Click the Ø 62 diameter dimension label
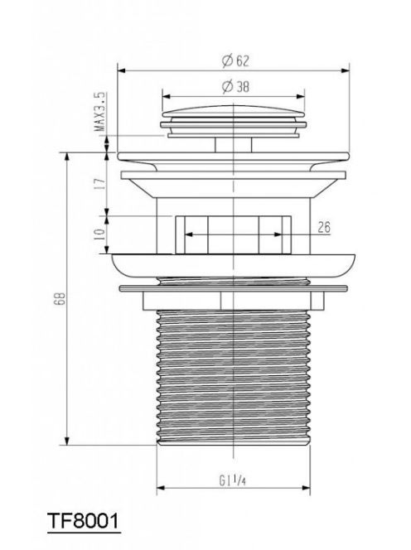pos(235,60)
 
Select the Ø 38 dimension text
pos(235,86)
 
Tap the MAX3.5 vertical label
pos(99,112)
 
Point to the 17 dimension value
pos(99,183)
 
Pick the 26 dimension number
pos(324,227)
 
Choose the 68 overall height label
pos(60,298)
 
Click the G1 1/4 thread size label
pos(232,480)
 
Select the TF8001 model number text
pos(83,521)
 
